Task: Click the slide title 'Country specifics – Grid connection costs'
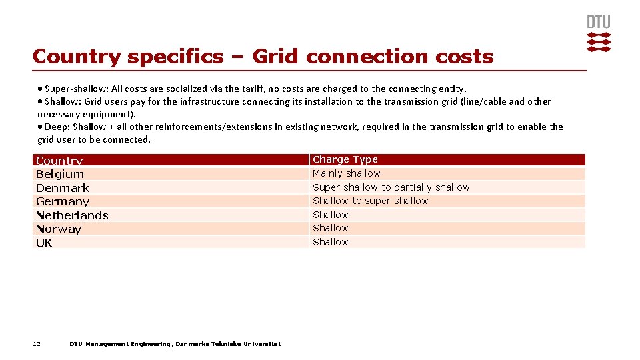pyautogui.click(x=263, y=57)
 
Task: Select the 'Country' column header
pyautogui.click(x=59, y=161)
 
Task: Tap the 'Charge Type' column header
pyautogui.click(x=345, y=159)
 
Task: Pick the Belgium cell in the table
pyautogui.click(x=60, y=174)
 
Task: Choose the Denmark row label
pyautogui.click(x=63, y=188)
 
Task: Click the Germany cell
pyautogui.click(x=63, y=201)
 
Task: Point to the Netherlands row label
pyautogui.click(x=72, y=215)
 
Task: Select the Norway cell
pyautogui.click(x=59, y=229)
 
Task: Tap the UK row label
pyautogui.click(x=44, y=243)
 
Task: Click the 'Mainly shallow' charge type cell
pyautogui.click(x=347, y=173)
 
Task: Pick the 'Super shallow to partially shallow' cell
pyautogui.click(x=391, y=187)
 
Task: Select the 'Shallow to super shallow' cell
pyautogui.click(x=371, y=201)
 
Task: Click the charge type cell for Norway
pyautogui.click(x=331, y=228)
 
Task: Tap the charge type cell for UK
pyautogui.click(x=331, y=242)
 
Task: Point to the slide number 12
pyautogui.click(x=37, y=344)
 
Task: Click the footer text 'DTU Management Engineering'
pyautogui.click(x=121, y=344)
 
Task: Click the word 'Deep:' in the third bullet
pyautogui.click(x=57, y=127)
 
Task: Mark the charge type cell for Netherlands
pyautogui.click(x=331, y=215)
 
